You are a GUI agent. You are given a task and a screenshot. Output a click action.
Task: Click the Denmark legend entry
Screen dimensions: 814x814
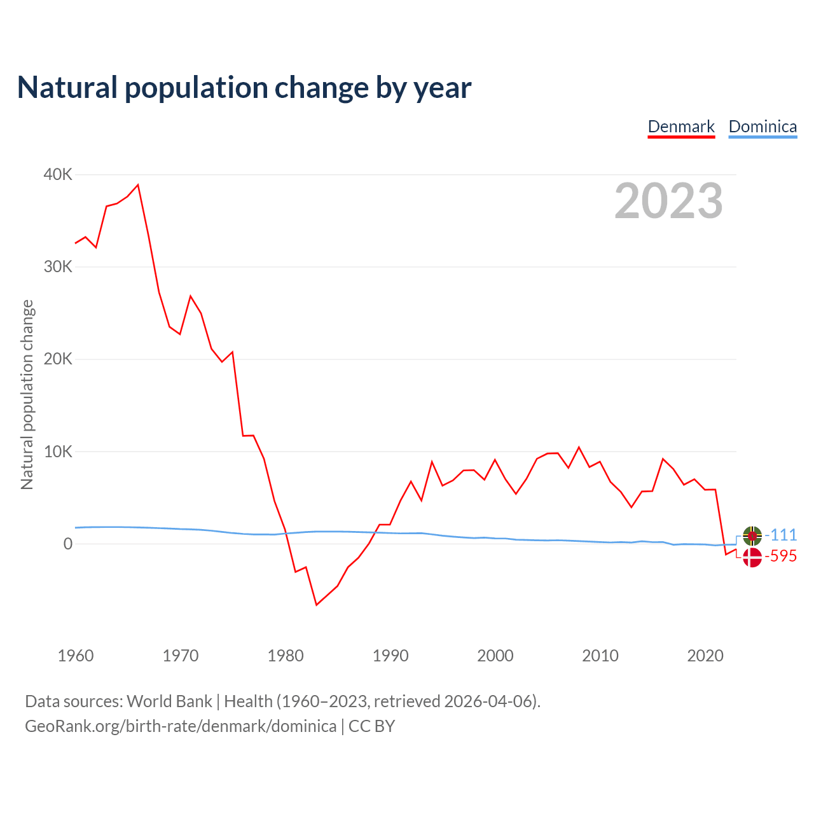point(681,127)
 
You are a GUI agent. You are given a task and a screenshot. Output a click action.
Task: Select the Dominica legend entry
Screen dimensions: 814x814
point(762,127)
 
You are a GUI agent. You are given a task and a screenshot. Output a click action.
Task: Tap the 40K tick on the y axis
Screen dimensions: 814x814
point(58,174)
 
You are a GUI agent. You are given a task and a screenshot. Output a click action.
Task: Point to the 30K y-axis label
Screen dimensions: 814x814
point(58,266)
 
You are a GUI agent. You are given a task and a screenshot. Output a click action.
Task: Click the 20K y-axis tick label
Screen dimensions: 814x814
point(58,359)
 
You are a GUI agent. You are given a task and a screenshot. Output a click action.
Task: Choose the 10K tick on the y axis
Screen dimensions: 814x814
point(58,452)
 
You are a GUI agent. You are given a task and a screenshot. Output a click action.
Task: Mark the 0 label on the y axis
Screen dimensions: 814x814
point(67,544)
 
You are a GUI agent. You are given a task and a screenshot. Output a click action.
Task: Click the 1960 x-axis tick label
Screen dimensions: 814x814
point(76,656)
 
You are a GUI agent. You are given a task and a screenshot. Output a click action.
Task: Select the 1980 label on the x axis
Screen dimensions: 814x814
point(286,656)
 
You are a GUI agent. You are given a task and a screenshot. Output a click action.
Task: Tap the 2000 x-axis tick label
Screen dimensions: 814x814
point(495,656)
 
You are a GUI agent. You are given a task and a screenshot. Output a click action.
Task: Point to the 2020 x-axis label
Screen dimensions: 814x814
point(705,656)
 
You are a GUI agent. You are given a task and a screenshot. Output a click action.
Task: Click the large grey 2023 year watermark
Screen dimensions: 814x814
point(668,201)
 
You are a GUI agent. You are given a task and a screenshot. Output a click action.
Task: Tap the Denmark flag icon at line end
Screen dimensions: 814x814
point(752,557)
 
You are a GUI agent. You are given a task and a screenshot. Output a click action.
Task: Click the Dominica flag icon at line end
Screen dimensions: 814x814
point(752,536)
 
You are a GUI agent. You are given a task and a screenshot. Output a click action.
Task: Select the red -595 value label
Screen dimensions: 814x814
point(780,556)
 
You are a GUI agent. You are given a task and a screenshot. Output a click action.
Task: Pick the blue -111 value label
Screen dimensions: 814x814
point(780,535)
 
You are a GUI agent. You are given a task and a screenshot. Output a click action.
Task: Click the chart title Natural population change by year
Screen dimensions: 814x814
point(244,87)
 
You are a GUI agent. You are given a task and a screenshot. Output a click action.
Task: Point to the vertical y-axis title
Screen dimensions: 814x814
point(27,394)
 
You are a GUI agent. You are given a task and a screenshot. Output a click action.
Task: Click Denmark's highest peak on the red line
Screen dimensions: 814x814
point(138,185)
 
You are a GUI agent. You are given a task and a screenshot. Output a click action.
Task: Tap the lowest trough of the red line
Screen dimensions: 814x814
point(316,604)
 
